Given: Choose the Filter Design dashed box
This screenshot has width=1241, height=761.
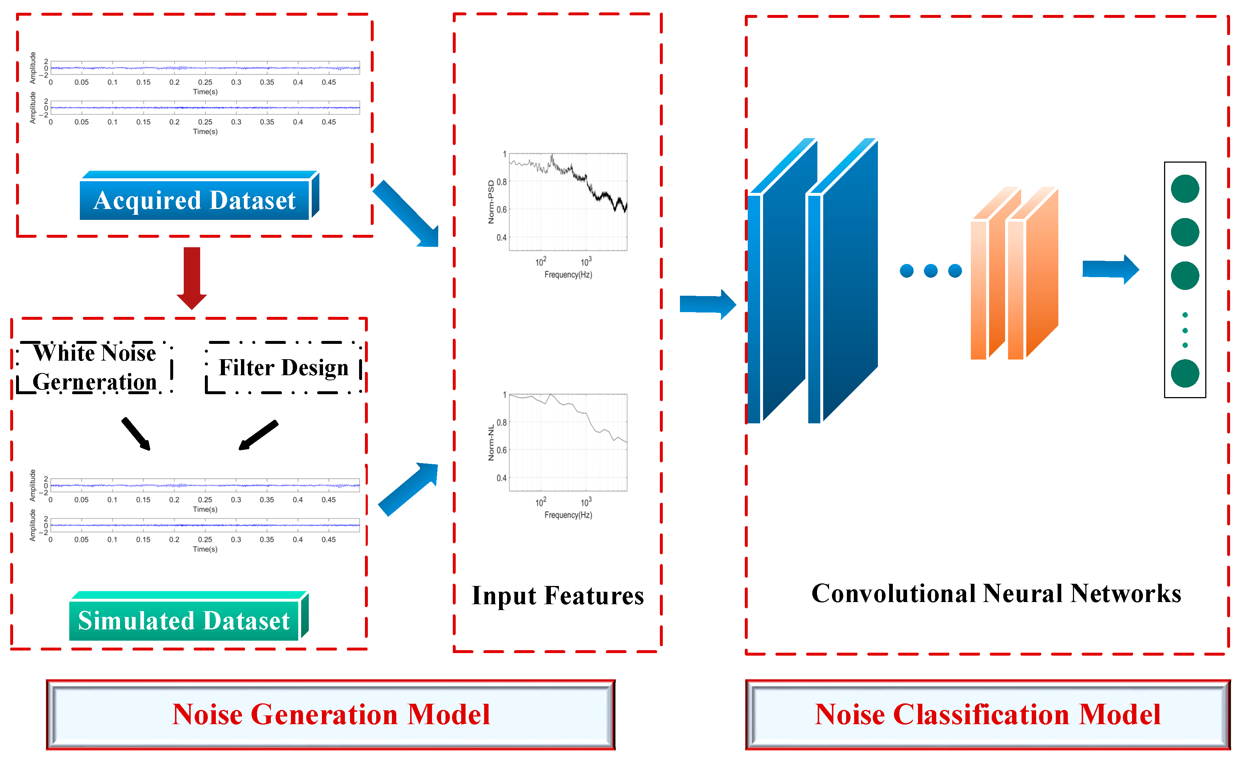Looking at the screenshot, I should (284, 367).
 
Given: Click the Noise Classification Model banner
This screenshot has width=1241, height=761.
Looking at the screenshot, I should (987, 714).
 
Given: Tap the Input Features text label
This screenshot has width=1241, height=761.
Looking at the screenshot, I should (557, 595).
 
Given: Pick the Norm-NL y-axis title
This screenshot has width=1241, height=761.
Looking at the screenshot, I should (491, 443).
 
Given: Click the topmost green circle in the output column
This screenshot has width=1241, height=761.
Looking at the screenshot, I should (1184, 189).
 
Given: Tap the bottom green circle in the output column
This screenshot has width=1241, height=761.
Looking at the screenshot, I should (1184, 373).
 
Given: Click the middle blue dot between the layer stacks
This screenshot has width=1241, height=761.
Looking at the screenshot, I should (931, 271).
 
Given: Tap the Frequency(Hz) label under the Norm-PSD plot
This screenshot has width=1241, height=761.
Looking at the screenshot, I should (568, 275).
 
